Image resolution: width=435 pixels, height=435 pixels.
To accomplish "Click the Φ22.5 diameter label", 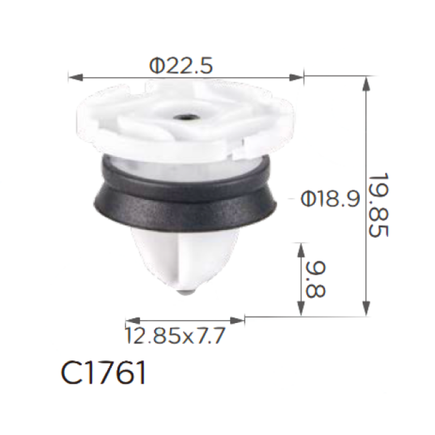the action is tap(181, 65).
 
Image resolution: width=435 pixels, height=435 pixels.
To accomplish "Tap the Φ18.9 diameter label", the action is tap(330, 198).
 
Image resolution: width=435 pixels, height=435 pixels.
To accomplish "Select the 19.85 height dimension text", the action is tap(378, 205).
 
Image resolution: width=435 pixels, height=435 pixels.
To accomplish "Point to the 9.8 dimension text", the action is tap(316, 280).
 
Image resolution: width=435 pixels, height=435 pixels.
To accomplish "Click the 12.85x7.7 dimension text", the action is tap(175, 335).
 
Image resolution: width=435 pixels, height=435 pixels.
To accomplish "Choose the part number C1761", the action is tap(103, 372).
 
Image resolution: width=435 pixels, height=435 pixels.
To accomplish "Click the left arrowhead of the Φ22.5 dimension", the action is tap(76, 77).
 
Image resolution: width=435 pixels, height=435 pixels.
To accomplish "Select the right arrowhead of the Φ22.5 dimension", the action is tap(296, 77).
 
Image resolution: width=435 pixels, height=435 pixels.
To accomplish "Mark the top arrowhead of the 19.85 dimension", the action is tap(366, 83).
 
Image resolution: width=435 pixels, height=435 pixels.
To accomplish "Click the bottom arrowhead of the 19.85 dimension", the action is tap(366, 308).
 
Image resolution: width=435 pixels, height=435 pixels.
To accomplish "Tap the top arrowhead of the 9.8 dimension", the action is tap(301, 250).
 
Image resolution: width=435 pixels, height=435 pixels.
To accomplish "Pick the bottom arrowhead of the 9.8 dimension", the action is tap(301, 308).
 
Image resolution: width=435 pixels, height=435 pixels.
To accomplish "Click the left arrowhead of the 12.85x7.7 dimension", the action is tap(133, 321).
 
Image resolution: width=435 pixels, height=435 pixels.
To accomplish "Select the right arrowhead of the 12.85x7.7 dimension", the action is tap(237, 321).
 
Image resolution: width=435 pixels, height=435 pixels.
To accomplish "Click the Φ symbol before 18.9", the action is tap(308, 198).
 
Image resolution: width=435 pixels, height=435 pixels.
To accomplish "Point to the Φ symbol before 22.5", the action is tap(157, 66).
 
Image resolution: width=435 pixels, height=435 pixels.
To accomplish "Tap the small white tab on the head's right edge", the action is tap(244, 148).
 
